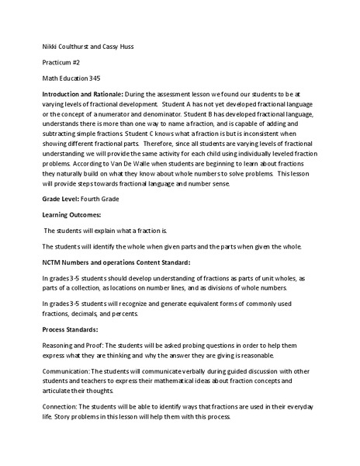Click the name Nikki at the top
[50, 47]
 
